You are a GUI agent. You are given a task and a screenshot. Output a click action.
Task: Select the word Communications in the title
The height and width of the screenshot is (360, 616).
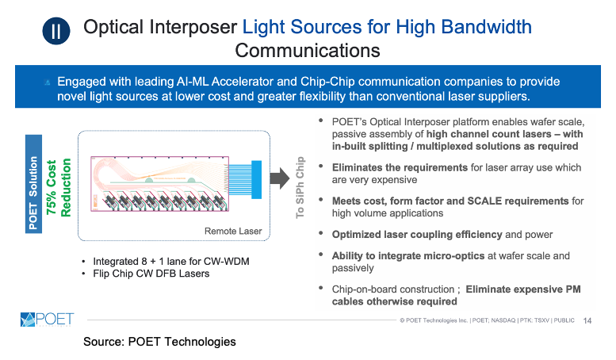point(308,52)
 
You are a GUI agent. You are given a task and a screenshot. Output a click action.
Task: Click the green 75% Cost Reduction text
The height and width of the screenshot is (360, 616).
point(59,186)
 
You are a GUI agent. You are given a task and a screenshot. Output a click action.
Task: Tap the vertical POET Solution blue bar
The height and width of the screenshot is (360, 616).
point(33,186)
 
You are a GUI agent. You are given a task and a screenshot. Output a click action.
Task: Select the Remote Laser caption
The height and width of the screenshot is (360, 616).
point(234,232)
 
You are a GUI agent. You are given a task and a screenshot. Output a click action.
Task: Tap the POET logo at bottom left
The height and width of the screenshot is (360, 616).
point(47,320)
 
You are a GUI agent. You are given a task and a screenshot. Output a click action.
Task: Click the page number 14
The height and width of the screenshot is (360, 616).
point(587,321)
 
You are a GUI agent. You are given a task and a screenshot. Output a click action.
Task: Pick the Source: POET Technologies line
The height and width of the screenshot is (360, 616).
point(159,342)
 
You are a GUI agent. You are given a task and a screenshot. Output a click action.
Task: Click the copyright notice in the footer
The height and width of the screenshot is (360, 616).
point(488,321)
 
